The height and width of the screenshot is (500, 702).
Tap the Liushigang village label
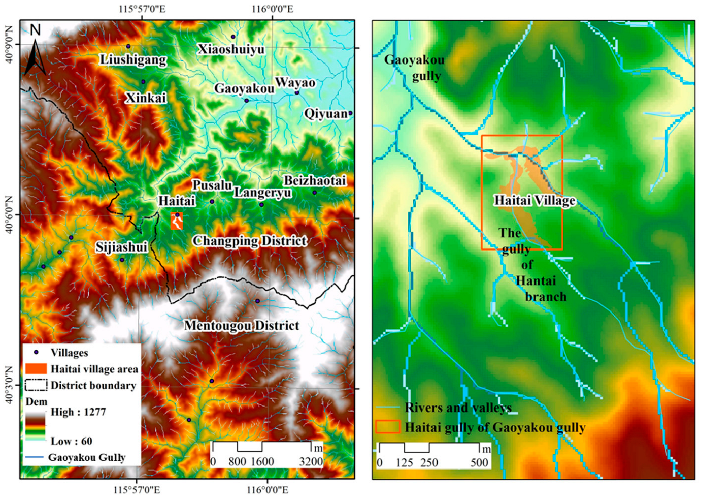coord(133,60)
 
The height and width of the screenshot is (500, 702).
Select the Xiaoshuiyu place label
coord(231,49)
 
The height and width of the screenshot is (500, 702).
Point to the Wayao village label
coord(295,82)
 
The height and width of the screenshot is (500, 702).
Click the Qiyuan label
coord(325,114)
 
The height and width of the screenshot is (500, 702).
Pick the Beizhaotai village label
coord(315,180)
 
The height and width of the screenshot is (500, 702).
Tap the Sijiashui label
coord(121,247)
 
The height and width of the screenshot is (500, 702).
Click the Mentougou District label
coord(242,325)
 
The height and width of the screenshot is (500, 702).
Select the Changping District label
coord(249,240)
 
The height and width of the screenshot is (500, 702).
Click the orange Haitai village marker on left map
coord(177,221)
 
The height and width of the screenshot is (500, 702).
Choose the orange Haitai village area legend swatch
coord(36,369)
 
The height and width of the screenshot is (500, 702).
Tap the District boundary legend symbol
coord(36,385)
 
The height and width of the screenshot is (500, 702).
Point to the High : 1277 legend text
coord(78,412)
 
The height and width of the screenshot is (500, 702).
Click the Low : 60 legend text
coord(72,441)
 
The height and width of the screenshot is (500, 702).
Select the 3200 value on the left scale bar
coord(311,461)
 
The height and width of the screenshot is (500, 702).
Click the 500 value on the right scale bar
coord(479,462)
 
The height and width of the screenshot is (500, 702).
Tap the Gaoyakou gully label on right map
coord(414,68)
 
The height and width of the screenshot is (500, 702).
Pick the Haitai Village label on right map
coord(535,201)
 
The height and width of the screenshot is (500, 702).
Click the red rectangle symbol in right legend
coord(388,427)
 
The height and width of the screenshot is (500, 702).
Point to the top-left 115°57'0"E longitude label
coord(142,9)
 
